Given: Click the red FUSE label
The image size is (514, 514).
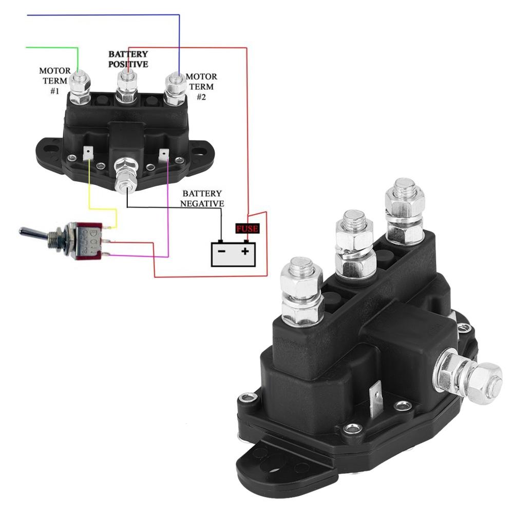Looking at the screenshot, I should click(247, 229).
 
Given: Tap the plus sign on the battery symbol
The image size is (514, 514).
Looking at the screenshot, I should click(245, 251).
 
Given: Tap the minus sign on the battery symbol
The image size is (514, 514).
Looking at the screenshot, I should click(221, 251).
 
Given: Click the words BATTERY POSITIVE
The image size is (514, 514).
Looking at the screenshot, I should click(128, 59).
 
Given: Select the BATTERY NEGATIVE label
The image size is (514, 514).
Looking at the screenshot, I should click(202, 198).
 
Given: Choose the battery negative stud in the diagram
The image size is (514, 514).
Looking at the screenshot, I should click(125, 177).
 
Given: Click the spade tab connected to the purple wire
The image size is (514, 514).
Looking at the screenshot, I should click(164, 154).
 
